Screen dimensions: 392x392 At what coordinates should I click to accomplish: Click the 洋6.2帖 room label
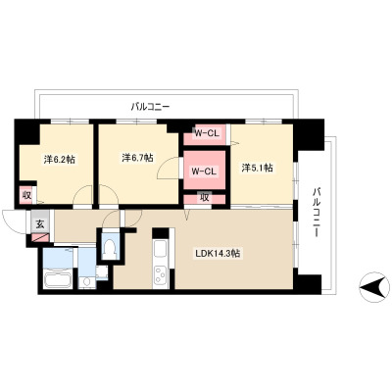click(60, 160)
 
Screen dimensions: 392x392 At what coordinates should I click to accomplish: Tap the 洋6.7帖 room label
click(137, 158)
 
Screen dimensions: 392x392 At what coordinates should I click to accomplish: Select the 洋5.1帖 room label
click(258, 168)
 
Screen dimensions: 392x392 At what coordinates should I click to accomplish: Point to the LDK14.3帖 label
click(218, 253)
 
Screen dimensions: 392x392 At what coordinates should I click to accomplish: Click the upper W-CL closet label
click(207, 133)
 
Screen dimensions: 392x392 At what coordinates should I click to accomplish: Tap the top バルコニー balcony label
click(150, 107)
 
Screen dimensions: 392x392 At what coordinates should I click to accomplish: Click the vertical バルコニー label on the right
click(316, 212)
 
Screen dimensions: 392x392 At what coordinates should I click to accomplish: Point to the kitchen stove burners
click(161, 275)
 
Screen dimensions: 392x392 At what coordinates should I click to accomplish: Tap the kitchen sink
click(161, 251)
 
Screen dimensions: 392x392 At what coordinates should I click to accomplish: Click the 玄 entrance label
click(39, 224)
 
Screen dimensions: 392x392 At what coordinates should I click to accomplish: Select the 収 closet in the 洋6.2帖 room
click(26, 195)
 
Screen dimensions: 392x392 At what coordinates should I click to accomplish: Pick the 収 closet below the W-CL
click(205, 198)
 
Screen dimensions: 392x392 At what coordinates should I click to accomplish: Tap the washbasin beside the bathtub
click(87, 281)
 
